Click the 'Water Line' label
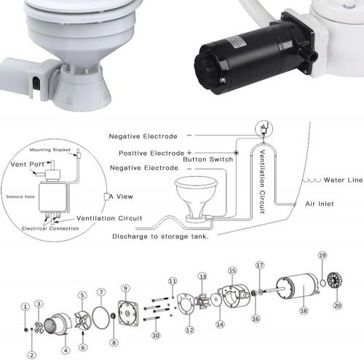pos(343,180)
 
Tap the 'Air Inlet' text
pos(320,204)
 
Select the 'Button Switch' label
pos(208,159)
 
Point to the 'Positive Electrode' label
pos(151,153)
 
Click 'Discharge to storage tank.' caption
pos(160,236)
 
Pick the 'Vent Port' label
pos(28,164)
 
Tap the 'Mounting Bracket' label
pos(50,150)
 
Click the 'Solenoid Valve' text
pos(20,196)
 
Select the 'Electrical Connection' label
pos(50,228)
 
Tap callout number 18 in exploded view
pos(304,311)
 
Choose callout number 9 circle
pos(125,288)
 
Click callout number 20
pos(338,305)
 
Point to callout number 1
pos(25,307)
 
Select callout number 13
pos(202,276)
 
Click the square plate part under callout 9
pos(128,313)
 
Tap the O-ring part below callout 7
pos(101,317)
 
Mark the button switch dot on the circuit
pos(236,153)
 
